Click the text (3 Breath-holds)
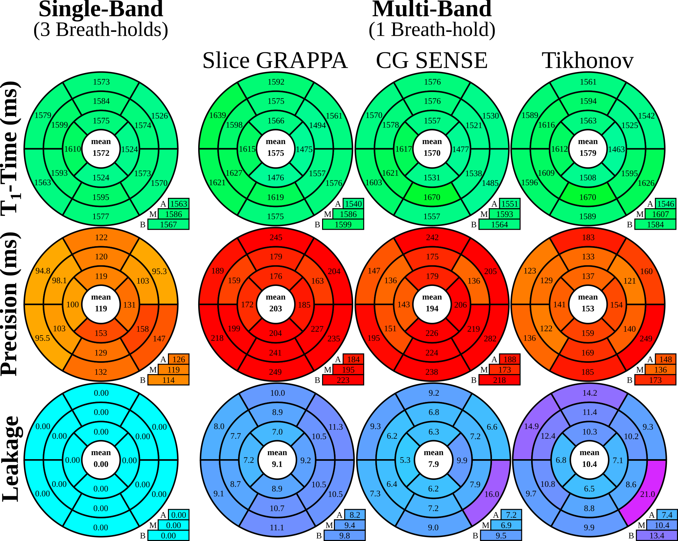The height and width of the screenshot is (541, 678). [101, 30]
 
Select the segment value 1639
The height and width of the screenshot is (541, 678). [217, 115]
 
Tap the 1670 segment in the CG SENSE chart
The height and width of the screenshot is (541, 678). [432, 197]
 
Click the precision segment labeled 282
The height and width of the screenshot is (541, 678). [490, 339]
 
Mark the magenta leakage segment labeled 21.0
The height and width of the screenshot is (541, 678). [647, 494]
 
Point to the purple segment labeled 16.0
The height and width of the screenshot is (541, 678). [492, 494]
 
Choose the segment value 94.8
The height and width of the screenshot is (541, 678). [43, 271]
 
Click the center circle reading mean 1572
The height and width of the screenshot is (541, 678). [101, 148]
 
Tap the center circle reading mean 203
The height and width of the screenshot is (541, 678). [275, 303]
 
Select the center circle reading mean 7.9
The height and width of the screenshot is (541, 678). [433, 459]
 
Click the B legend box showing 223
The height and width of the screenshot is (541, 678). [343, 380]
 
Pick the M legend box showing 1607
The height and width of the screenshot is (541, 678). [660, 214]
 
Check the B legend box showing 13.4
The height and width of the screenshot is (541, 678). [657, 536]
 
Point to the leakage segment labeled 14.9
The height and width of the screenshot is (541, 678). [531, 426]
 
